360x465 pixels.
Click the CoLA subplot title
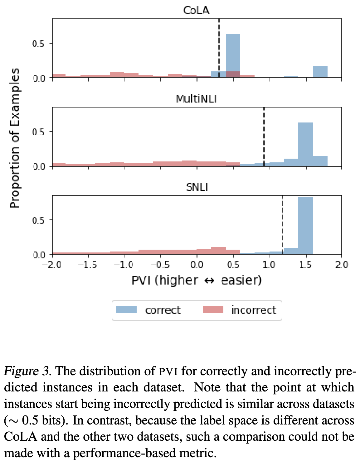pyautogui.click(x=196, y=10)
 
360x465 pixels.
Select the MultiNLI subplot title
pyautogui.click(x=196, y=99)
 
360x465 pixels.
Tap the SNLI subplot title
pyautogui.click(x=197, y=187)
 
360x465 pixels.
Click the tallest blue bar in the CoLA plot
pyautogui.click(x=233, y=53)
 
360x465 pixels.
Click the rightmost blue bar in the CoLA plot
pyautogui.click(x=320, y=72)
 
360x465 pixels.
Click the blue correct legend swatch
pyautogui.click(x=126, y=309)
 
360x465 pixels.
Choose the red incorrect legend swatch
pyautogui.click(x=213, y=309)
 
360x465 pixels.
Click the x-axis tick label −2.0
pyautogui.click(x=52, y=265)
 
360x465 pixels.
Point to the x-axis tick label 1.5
pyautogui.click(x=305, y=265)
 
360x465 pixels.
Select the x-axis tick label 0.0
pyautogui.click(x=197, y=265)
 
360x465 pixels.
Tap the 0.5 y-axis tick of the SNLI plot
pyautogui.click(x=38, y=220)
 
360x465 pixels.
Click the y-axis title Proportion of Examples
pyautogui.click(x=14, y=138)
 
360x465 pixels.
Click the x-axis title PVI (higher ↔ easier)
pyautogui.click(x=197, y=280)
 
